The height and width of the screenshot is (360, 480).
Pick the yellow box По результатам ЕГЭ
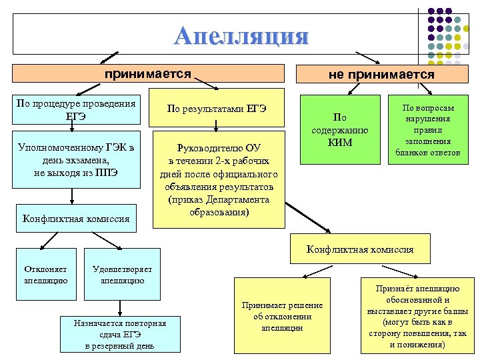click(217, 108)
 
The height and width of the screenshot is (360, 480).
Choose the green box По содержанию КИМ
click(341, 130)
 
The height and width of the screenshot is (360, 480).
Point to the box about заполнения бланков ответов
click(427, 129)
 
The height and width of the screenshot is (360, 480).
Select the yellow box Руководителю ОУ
click(218, 180)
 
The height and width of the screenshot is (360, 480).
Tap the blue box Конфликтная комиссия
click(75, 218)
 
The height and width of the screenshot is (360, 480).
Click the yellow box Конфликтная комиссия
click(359, 249)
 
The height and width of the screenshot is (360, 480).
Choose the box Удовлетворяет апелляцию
click(122, 275)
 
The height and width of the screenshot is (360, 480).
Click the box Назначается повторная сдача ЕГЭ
click(120, 334)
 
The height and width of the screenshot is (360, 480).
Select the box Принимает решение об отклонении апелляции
click(283, 317)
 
